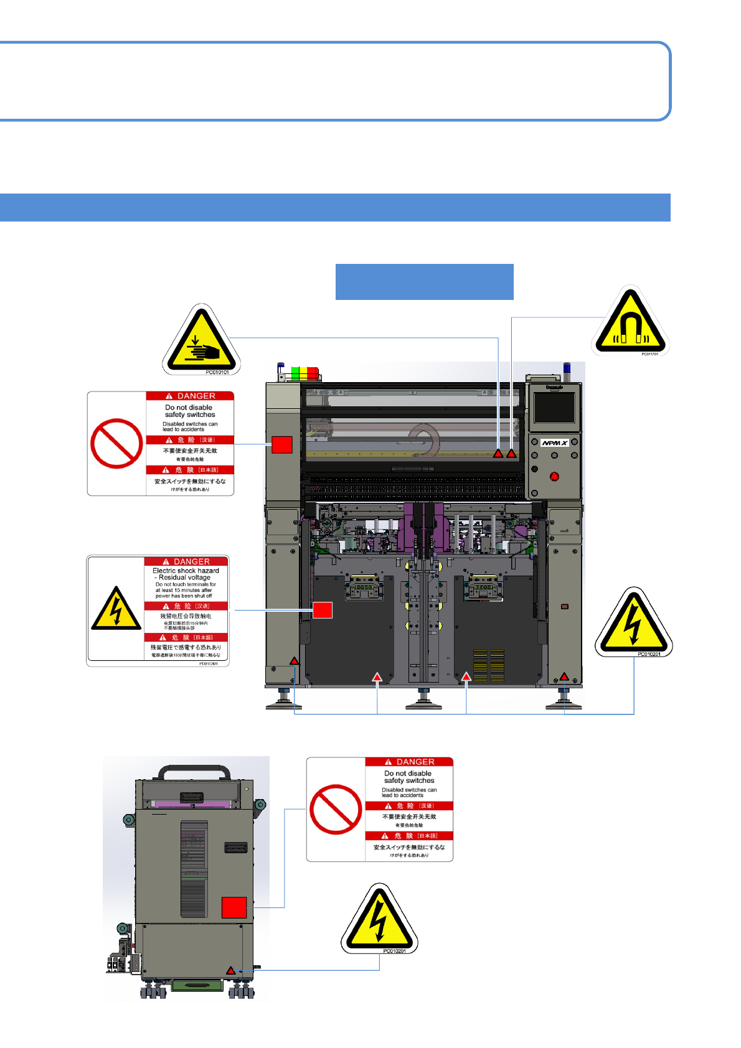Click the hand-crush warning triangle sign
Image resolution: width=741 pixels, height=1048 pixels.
click(x=201, y=341)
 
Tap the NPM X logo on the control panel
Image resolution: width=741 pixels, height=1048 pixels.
click(x=554, y=443)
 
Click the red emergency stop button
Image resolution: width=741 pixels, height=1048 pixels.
click(x=554, y=477)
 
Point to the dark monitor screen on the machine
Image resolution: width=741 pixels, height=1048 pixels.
click(x=554, y=408)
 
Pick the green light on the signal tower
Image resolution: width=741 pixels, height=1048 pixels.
click(x=295, y=373)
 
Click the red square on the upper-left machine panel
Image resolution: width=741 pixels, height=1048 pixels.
click(x=282, y=444)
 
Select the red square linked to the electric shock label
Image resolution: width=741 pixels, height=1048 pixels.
click(x=322, y=610)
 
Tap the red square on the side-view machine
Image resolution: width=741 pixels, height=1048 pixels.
click(x=234, y=907)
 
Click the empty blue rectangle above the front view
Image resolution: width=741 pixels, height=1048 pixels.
click(x=424, y=282)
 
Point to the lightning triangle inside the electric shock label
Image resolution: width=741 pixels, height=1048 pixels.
click(x=116, y=609)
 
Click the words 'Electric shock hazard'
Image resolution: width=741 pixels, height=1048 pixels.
click(x=186, y=571)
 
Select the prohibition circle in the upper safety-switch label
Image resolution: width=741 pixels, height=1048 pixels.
click(x=116, y=443)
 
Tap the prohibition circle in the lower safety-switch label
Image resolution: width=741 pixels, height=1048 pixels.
click(x=336, y=809)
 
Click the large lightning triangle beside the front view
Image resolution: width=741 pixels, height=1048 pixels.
click(x=633, y=623)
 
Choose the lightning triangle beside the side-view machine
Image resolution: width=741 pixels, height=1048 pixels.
click(x=379, y=920)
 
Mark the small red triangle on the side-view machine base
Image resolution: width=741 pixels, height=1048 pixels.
click(x=231, y=970)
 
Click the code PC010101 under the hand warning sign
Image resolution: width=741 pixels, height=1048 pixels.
click(x=217, y=372)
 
